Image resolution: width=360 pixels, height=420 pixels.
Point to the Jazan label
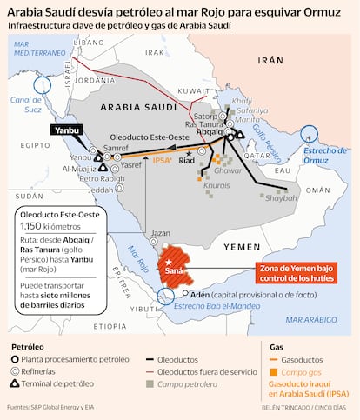[x=161, y=233]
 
